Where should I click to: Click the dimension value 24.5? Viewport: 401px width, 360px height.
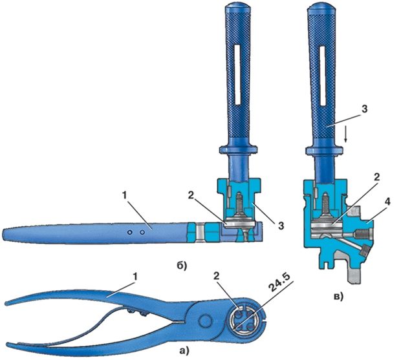click(x=281, y=284)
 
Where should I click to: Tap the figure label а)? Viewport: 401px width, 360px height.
click(x=184, y=352)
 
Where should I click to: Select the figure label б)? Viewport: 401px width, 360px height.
click(x=182, y=266)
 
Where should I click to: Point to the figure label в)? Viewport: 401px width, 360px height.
click(x=339, y=297)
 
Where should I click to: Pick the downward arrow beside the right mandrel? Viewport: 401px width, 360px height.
click(x=346, y=136)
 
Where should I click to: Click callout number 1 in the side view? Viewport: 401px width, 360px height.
click(x=125, y=195)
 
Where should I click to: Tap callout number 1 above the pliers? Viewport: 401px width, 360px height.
click(x=136, y=277)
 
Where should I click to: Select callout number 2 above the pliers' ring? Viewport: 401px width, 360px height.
click(x=217, y=277)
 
